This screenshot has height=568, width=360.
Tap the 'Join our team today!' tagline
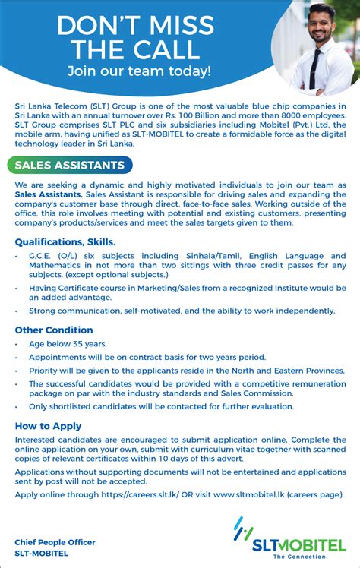point(138,71)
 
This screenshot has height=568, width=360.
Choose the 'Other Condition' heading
point(54,330)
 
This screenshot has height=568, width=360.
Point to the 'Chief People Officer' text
point(55,542)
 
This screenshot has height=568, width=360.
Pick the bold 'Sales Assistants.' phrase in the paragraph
point(49,195)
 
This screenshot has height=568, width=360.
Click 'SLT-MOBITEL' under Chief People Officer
point(42,553)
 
